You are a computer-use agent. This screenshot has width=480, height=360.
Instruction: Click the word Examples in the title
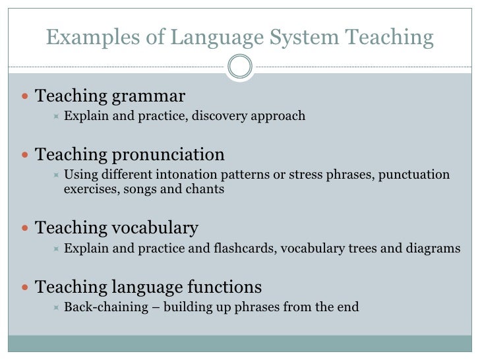84,38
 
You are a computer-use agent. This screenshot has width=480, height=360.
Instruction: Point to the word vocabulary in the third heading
156,229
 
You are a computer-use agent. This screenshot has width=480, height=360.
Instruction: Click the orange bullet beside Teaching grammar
25,97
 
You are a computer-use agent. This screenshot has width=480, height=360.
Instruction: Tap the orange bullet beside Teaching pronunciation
25,156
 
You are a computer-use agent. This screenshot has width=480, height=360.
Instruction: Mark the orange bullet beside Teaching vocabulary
25,229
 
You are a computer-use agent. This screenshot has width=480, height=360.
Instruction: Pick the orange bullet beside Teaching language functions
25,287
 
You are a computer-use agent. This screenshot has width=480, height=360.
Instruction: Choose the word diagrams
436,249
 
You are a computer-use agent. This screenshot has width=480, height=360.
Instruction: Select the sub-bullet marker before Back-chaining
56,307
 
